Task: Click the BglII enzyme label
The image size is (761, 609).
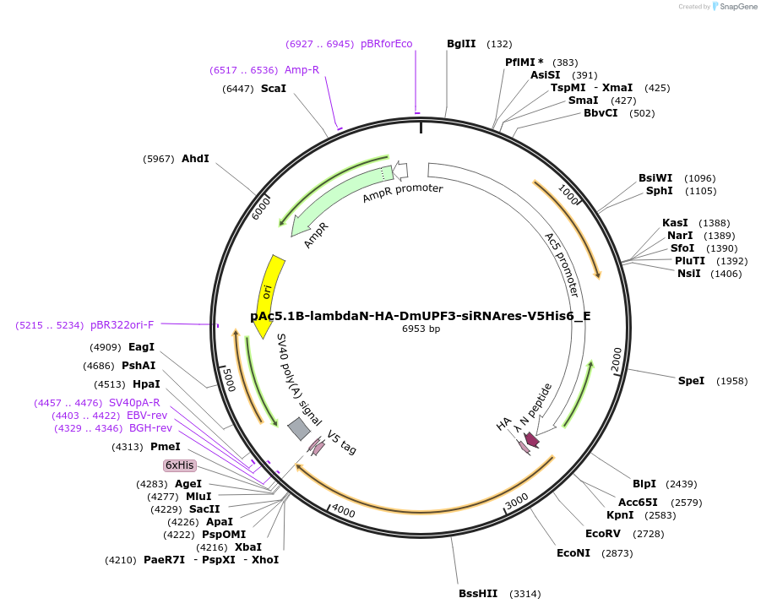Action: point(461,44)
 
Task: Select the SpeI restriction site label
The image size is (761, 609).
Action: point(691,381)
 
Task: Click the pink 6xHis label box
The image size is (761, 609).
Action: point(180,465)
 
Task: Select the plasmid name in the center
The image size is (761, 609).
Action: point(421,316)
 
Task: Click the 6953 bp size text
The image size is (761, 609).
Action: point(421,329)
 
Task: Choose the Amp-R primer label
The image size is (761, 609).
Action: point(302,69)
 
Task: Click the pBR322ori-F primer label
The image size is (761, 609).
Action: point(122,324)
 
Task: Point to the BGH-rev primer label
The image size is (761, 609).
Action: point(150,428)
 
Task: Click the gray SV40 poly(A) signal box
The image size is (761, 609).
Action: point(299,429)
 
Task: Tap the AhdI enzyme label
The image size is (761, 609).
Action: point(195,158)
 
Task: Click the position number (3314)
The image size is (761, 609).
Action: point(525,594)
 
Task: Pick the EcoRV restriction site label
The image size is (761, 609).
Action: point(603,533)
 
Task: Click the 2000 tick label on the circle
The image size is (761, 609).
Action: point(617,362)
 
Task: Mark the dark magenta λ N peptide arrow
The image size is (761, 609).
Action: point(531,439)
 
